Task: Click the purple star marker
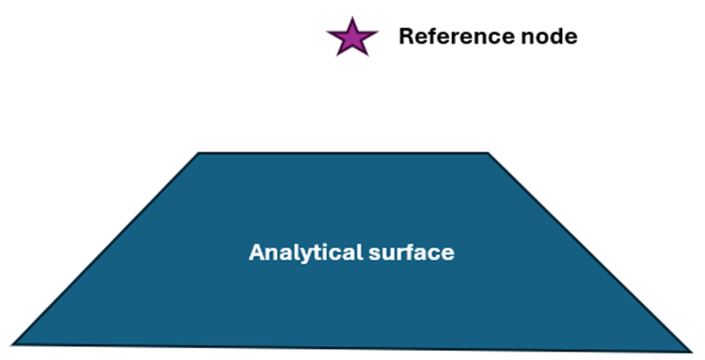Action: [352, 38]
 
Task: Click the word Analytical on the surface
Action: [296, 252]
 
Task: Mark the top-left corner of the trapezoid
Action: [199, 154]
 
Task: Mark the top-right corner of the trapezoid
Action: [487, 154]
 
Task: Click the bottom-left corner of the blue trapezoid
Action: [13, 343]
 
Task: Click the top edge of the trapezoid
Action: [343, 153]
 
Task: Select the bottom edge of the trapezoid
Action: [351, 346]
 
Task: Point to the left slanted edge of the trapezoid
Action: [106, 248]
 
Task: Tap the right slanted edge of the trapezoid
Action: [588, 251]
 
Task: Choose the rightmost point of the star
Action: [377, 33]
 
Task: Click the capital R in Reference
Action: [406, 37]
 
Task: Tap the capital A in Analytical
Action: [255, 252]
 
